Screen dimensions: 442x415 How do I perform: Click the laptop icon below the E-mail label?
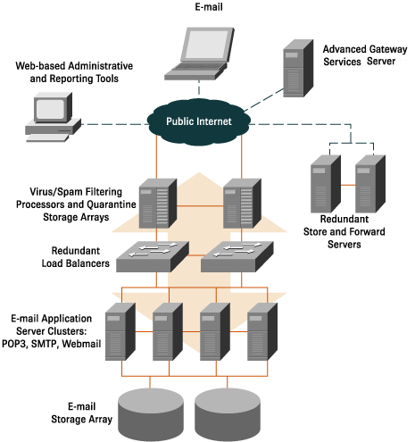pos(204,54)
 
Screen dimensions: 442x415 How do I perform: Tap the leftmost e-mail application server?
pos(120,331)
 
